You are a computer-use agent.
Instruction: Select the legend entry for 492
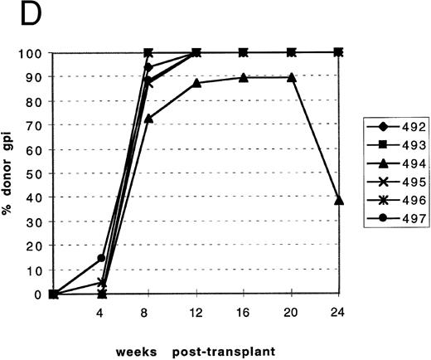tap(389, 127)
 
